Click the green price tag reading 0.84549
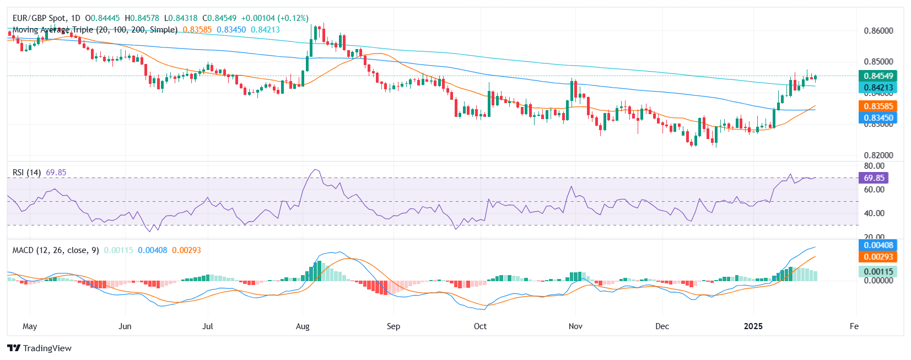878,76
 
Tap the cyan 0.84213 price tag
878,88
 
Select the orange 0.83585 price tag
878,106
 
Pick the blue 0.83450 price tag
878,117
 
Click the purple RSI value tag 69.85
874,178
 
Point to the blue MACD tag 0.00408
878,245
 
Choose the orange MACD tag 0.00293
878,256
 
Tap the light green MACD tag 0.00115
878,271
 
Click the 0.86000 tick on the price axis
878,31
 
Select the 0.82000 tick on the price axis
878,155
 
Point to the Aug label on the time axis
303,326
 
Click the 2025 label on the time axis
753,326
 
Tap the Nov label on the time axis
575,326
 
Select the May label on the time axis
30,326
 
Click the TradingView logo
40,348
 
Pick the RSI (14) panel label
26,173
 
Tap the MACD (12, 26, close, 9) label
56,250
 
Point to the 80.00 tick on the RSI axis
874,166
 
